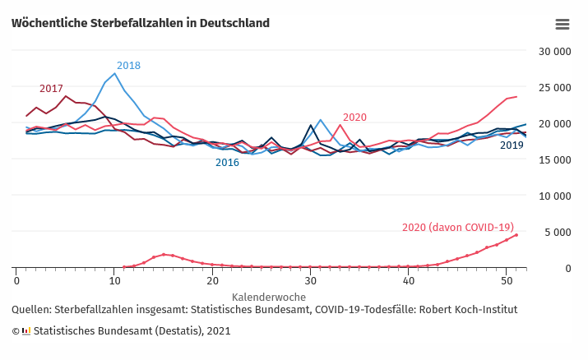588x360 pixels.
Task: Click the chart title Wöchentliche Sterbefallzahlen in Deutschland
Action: [141, 23]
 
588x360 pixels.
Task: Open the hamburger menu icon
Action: [563, 24]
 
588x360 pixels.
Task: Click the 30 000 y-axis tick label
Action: [554, 51]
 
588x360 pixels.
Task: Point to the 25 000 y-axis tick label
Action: [554, 87]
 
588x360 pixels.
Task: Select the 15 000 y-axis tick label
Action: [554, 159]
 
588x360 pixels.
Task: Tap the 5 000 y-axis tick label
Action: [558, 232]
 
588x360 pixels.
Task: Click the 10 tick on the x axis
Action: [114, 281]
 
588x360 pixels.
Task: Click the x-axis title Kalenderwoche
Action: [269, 297]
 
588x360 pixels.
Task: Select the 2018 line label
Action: [128, 66]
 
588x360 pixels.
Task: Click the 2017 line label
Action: [51, 89]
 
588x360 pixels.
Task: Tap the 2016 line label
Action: [227, 163]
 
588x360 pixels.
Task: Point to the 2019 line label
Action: [512, 145]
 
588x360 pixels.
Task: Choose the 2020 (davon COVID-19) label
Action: [457, 228]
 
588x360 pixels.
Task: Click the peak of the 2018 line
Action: [115, 74]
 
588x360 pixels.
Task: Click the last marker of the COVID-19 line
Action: [516, 235]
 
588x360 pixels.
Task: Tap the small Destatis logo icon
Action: [26, 331]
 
